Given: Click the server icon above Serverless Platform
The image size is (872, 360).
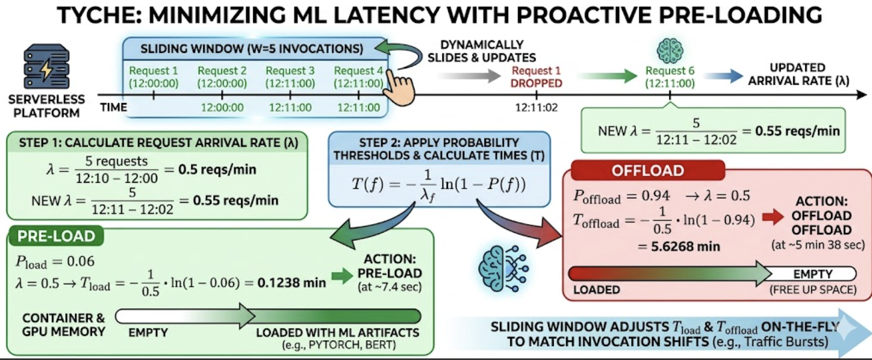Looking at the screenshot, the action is [46, 67].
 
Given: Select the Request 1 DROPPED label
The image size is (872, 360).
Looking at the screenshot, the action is [537, 77].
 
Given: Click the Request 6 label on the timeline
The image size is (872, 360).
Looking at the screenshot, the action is [669, 77].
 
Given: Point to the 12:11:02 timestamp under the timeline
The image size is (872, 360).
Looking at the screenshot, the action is [537, 107].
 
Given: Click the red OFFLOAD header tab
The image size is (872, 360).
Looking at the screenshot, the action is [648, 170].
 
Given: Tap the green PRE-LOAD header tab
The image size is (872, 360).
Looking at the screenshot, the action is [56, 236].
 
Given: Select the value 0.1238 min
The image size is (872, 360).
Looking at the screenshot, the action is [291, 283].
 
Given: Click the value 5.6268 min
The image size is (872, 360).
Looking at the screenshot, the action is [685, 246].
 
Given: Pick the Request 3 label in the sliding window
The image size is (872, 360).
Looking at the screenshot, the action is [290, 77].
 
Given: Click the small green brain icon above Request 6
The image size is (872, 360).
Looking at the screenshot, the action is [670, 51].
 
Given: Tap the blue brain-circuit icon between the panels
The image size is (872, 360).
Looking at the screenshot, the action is [503, 268].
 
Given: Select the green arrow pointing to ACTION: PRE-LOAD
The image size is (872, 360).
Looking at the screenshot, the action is [342, 276].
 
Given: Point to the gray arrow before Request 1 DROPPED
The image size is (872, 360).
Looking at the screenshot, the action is [469, 76].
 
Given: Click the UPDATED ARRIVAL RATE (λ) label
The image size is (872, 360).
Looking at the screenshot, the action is [798, 74].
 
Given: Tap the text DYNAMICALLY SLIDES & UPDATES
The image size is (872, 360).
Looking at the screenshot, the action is [482, 51].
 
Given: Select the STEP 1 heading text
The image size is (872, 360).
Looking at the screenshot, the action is [159, 143].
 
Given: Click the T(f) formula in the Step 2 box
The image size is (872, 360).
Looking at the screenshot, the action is [439, 185].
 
